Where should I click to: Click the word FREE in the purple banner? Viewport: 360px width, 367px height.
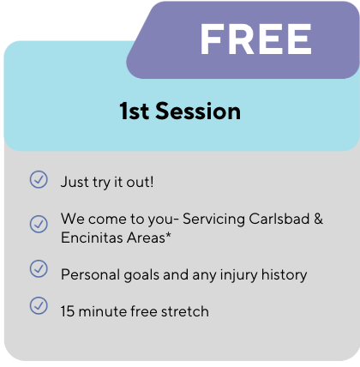click(255, 39)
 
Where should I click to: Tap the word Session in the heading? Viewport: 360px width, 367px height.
click(198, 111)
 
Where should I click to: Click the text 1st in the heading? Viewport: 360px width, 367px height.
click(135, 111)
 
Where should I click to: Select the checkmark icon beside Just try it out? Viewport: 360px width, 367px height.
click(39, 179)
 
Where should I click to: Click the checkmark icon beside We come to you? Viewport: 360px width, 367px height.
click(39, 224)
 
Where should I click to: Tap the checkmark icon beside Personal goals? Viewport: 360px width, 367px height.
click(39, 268)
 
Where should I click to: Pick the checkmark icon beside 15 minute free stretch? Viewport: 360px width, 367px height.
click(39, 305)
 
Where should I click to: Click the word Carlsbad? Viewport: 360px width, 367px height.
click(279, 220)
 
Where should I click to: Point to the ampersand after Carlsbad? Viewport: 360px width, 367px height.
click(319, 220)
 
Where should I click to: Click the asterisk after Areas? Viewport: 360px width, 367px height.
click(168, 236)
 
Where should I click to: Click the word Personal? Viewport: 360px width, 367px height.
click(90, 274)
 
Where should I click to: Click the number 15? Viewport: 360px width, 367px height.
click(68, 311)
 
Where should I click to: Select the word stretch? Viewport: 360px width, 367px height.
click(185, 311)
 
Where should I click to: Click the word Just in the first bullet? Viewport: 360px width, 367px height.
click(75, 182)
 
